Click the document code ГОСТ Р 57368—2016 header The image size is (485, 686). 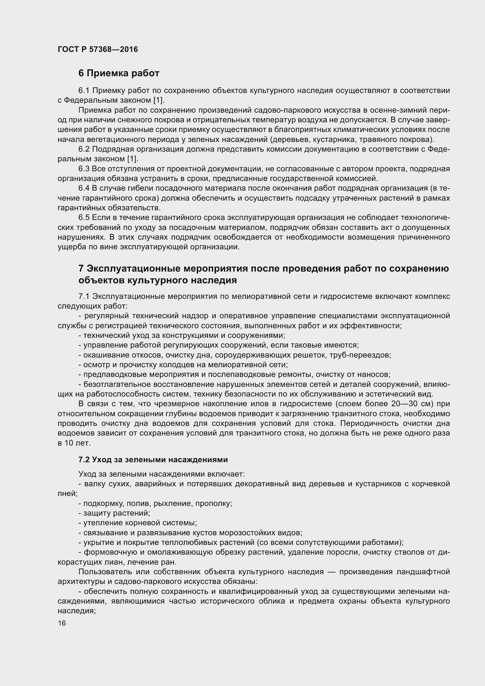pyautogui.click(x=98, y=49)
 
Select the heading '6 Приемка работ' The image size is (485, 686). pyautogui.click(x=118, y=73)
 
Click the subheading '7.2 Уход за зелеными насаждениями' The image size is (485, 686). pyautogui.click(x=153, y=460)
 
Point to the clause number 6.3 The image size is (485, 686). pyautogui.click(x=84, y=169)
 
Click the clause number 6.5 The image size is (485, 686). pyautogui.click(x=84, y=218)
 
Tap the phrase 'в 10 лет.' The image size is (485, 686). pyautogui.click(x=74, y=443)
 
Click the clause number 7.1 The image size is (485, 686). pyautogui.click(x=84, y=297)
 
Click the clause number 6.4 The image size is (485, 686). pyautogui.click(x=84, y=188)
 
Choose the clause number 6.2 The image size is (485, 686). pyautogui.click(x=84, y=149)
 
